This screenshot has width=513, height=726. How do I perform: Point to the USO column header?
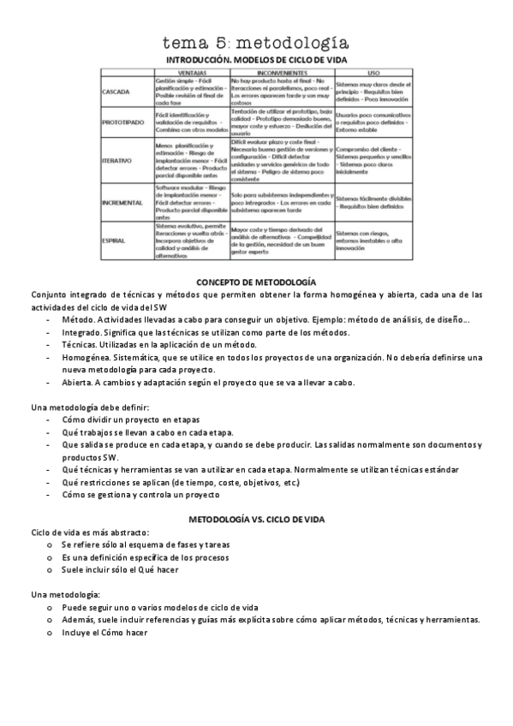click(x=373, y=73)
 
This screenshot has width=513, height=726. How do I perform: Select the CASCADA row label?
click(x=116, y=91)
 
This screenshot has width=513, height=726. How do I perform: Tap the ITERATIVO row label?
click(x=117, y=159)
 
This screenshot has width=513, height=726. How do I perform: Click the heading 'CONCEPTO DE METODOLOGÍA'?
click(x=256, y=282)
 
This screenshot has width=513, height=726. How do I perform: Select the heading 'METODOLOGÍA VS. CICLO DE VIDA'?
click(x=256, y=520)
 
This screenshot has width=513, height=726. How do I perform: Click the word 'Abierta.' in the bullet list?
click(x=79, y=382)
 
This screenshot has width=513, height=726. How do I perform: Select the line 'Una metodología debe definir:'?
click(x=90, y=408)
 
